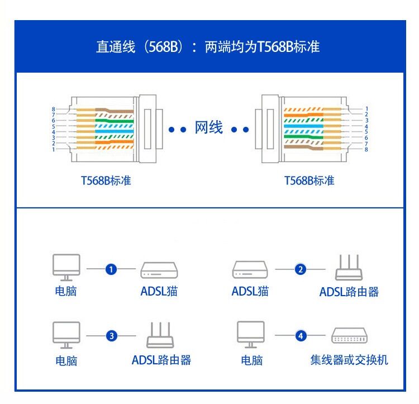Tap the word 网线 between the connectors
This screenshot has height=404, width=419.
(209, 128)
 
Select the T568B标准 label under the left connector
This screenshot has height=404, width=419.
(106, 180)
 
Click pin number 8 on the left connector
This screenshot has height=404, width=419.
(53, 109)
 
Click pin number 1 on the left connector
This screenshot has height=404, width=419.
(53, 149)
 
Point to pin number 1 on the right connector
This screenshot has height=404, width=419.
(366, 109)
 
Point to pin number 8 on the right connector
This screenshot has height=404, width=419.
(366, 149)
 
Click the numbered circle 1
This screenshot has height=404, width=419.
(111, 270)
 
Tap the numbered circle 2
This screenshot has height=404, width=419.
(301, 270)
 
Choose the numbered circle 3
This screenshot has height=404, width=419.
(112, 336)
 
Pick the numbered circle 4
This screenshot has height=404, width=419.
(301, 336)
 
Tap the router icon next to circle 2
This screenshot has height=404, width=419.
(349, 268)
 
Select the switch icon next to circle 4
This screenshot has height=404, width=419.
(349, 335)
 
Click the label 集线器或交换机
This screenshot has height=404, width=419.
(349, 360)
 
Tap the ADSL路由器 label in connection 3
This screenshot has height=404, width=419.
(161, 360)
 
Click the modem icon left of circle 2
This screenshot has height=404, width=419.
(250, 270)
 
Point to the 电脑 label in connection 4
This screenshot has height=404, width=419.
(251, 360)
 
